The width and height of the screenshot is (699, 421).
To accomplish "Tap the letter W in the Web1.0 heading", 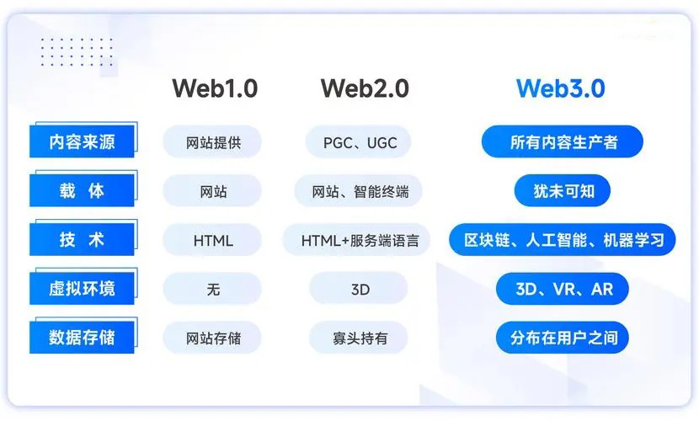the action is (x=185, y=88).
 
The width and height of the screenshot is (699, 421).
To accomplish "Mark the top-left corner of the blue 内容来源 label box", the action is (x=29, y=125).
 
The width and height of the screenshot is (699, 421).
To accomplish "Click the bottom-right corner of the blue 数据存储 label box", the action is (x=134, y=354).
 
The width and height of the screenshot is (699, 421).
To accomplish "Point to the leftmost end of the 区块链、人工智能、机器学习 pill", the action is (x=450, y=240).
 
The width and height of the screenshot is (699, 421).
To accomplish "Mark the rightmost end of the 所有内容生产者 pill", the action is (x=643, y=141).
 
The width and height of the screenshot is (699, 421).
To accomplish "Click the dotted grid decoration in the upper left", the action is (x=77, y=52).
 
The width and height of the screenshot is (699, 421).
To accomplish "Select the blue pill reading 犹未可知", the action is (x=562, y=190).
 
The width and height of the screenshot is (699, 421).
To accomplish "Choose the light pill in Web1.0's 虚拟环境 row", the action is (x=212, y=289).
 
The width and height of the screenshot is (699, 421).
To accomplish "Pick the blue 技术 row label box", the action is (x=82, y=240).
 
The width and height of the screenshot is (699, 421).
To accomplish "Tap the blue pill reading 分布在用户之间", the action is (x=562, y=338).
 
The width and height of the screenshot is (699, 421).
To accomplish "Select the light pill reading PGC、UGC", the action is (x=359, y=141).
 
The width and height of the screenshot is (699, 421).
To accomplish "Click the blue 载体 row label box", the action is (x=82, y=190).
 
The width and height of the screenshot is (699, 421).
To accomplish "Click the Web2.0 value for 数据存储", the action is (x=359, y=338).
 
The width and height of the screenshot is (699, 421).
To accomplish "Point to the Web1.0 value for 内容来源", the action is (x=212, y=141).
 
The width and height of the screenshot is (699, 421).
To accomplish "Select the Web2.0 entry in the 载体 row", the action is (x=359, y=190).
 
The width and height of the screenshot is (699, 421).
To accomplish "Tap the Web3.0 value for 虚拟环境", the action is (x=562, y=289).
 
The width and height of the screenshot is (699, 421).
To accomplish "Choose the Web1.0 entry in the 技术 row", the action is (x=212, y=240).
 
